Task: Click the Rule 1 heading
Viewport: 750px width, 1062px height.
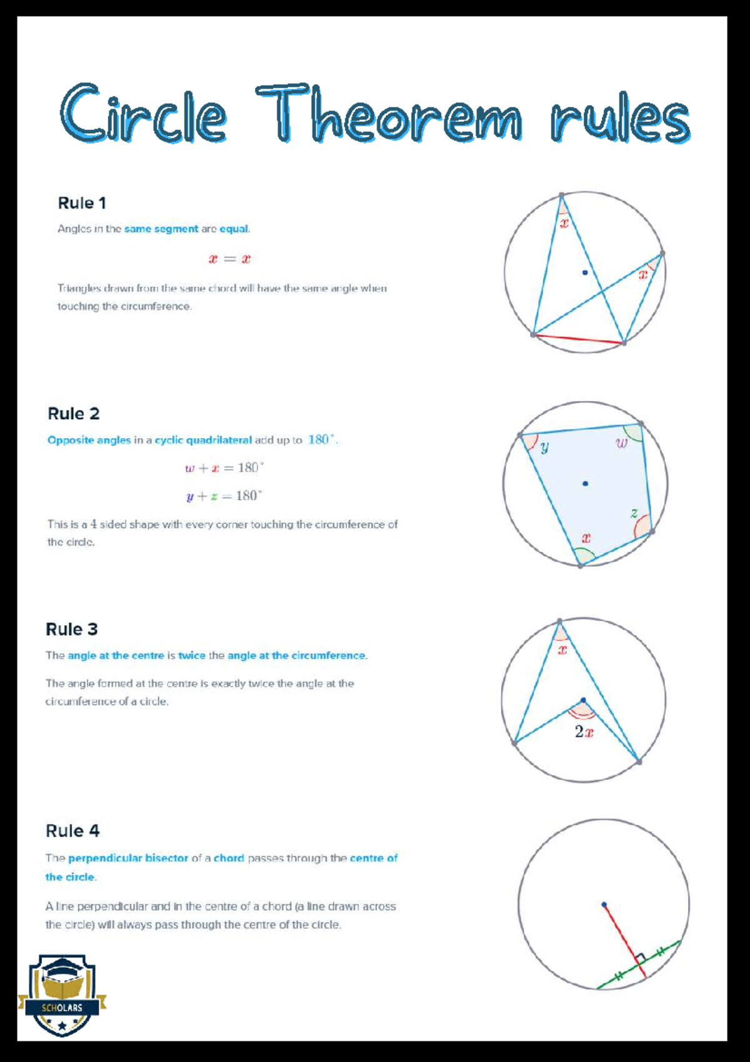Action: click(x=82, y=203)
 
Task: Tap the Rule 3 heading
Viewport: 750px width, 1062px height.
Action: click(x=72, y=629)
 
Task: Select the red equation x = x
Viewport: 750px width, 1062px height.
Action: click(x=229, y=259)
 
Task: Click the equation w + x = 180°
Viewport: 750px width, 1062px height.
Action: click(x=224, y=468)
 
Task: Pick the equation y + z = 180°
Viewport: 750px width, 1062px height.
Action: click(x=224, y=496)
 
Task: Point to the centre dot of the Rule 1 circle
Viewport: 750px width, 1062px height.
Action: click(x=584, y=272)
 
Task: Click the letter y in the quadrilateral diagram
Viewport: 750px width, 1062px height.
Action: click(x=544, y=447)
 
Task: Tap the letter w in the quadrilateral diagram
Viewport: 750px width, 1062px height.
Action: click(x=621, y=444)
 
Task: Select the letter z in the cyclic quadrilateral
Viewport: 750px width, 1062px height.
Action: click(x=634, y=513)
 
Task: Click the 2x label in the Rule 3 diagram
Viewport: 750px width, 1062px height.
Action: click(x=584, y=732)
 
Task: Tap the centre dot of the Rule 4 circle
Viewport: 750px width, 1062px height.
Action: click(x=604, y=904)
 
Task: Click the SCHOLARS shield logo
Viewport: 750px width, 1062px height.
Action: click(x=62, y=995)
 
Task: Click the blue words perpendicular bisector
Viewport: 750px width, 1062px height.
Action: click(x=128, y=858)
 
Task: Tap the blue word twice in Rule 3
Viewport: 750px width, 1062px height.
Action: click(x=191, y=655)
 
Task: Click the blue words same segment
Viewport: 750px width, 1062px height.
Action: click(x=161, y=229)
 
